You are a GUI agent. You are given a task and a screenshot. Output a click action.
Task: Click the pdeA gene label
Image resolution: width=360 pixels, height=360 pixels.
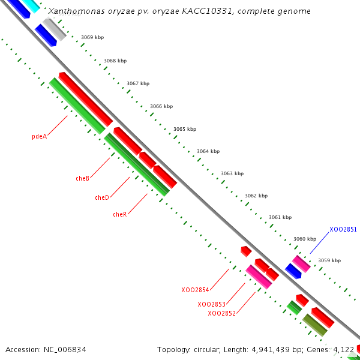coord(39,136)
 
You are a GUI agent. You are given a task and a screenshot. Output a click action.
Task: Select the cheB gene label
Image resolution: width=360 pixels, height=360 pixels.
coord(82,178)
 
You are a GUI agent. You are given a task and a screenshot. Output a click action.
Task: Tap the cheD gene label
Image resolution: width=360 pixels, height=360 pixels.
coord(102,197)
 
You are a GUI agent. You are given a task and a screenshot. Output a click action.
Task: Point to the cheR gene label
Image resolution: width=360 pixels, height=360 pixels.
coord(119,214)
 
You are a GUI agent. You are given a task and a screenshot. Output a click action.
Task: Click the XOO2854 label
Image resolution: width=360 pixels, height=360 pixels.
coord(195,290)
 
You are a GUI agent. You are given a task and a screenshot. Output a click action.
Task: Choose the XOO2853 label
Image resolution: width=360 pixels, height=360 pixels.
coord(211,304)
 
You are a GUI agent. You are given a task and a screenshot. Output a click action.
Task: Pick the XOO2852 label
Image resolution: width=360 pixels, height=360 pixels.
coord(221,313)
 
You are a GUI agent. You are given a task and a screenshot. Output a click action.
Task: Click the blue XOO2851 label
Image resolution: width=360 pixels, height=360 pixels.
coord(343,229)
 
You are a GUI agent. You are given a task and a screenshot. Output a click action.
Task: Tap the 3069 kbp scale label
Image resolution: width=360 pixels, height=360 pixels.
coord(92,37)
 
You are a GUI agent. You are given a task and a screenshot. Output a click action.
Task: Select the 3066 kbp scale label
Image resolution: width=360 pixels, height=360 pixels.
coord(161,106)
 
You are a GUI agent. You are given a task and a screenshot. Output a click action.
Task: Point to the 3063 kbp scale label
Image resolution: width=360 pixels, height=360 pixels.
coord(232,173)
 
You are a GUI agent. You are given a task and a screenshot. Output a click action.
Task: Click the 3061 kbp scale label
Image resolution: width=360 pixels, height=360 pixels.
coord(280,217)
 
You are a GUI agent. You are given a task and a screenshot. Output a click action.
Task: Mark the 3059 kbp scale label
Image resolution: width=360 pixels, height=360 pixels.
coord(329,260)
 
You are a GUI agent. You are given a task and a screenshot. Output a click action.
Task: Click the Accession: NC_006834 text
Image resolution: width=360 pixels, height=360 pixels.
coord(46,349)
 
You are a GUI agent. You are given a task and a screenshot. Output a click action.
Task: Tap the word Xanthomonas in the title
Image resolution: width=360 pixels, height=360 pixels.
coord(74,11)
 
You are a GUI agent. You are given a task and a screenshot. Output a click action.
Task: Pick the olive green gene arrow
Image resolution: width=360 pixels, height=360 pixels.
coord(315,325)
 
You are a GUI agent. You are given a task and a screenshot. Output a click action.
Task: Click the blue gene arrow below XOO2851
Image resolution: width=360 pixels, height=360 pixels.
coord(293,271)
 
